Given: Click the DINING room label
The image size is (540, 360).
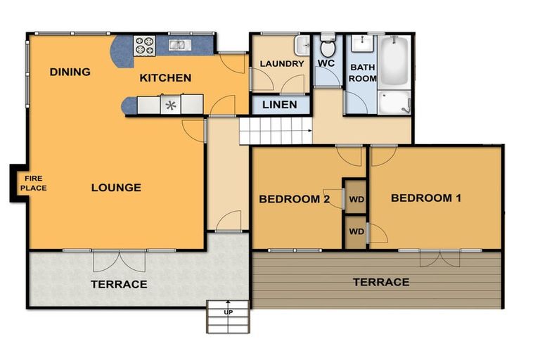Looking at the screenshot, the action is tap(70, 72).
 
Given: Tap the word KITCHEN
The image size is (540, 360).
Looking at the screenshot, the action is tap(165, 78).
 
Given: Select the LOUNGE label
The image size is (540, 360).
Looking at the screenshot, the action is tap(116, 188).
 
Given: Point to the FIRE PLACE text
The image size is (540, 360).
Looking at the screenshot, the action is tap(34, 183).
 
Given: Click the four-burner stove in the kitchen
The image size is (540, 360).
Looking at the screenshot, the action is tap(144, 46).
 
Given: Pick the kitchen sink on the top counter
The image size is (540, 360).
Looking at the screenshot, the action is tap(180, 45).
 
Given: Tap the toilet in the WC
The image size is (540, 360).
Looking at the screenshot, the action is tap(328, 45).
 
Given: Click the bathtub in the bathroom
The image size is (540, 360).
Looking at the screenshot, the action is tap(394, 62).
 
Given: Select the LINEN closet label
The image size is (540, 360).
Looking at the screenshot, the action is tap(280, 105).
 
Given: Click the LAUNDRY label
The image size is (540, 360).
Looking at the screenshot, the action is tap(282, 64).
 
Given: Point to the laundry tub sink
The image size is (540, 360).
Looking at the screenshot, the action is tap(303, 45).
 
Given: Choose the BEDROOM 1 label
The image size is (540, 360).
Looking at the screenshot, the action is tap(426, 198).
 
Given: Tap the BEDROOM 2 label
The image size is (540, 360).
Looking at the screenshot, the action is tap(295, 199).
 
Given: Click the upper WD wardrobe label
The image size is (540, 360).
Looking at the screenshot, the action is tap(356, 200).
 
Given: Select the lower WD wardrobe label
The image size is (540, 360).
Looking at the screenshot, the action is tap(356, 231).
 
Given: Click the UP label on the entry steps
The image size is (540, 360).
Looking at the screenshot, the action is tap(229, 312).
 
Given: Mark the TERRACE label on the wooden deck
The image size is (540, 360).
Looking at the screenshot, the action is tap(381, 283).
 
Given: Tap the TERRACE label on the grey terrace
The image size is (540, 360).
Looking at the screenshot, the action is tap(119, 284).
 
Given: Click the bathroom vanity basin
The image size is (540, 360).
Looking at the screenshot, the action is tap(362, 44).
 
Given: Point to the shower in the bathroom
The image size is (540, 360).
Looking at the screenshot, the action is tap(394, 103).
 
